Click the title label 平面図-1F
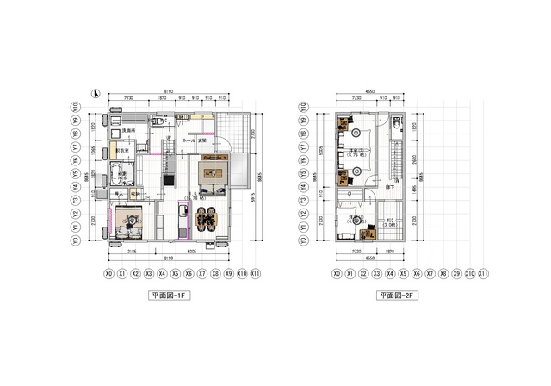click(169, 295)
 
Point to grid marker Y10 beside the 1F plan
click(76, 107)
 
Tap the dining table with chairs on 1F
click(209, 220)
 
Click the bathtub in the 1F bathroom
click(115, 180)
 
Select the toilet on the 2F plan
click(395, 124)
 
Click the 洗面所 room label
click(127, 130)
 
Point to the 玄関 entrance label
click(202, 139)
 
